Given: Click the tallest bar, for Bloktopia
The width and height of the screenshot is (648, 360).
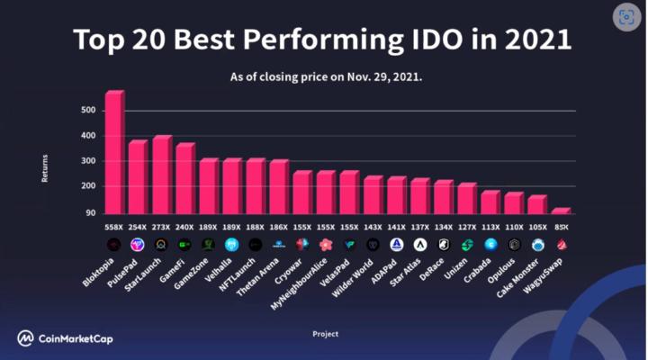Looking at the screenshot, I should pyautogui.click(x=114, y=153).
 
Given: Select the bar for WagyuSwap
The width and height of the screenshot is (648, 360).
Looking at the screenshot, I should pyautogui.click(x=561, y=212).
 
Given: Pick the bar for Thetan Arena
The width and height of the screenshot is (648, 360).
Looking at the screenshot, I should pyautogui.click(x=279, y=187).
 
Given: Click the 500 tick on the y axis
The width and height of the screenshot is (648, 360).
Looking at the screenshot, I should pyautogui.click(x=88, y=110).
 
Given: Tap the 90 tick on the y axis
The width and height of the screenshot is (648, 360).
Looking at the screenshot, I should pyautogui.click(x=90, y=213).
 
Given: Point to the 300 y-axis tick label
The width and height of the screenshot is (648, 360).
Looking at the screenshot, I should pyautogui.click(x=88, y=162).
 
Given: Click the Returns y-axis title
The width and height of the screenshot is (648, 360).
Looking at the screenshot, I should pyautogui.click(x=45, y=167).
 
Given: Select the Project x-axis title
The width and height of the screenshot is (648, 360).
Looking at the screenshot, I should pyautogui.click(x=326, y=334).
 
